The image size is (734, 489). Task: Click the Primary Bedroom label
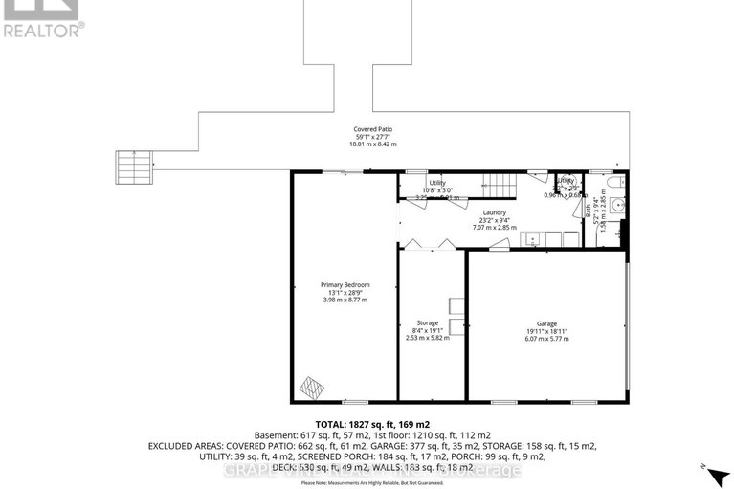(345, 285)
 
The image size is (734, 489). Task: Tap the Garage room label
(546, 324)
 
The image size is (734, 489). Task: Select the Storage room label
(427, 322)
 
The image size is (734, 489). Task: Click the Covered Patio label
(372, 129)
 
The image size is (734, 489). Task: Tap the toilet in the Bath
(618, 181)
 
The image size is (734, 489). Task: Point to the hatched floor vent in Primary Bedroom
(314, 387)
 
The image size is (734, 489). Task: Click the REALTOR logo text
(43, 29)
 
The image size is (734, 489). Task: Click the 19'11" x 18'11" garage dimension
(546, 332)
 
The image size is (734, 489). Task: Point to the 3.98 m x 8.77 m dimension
(345, 300)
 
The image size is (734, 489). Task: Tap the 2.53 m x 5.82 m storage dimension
(427, 338)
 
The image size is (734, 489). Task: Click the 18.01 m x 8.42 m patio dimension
(372, 144)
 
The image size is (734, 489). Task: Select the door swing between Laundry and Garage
(499, 246)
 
